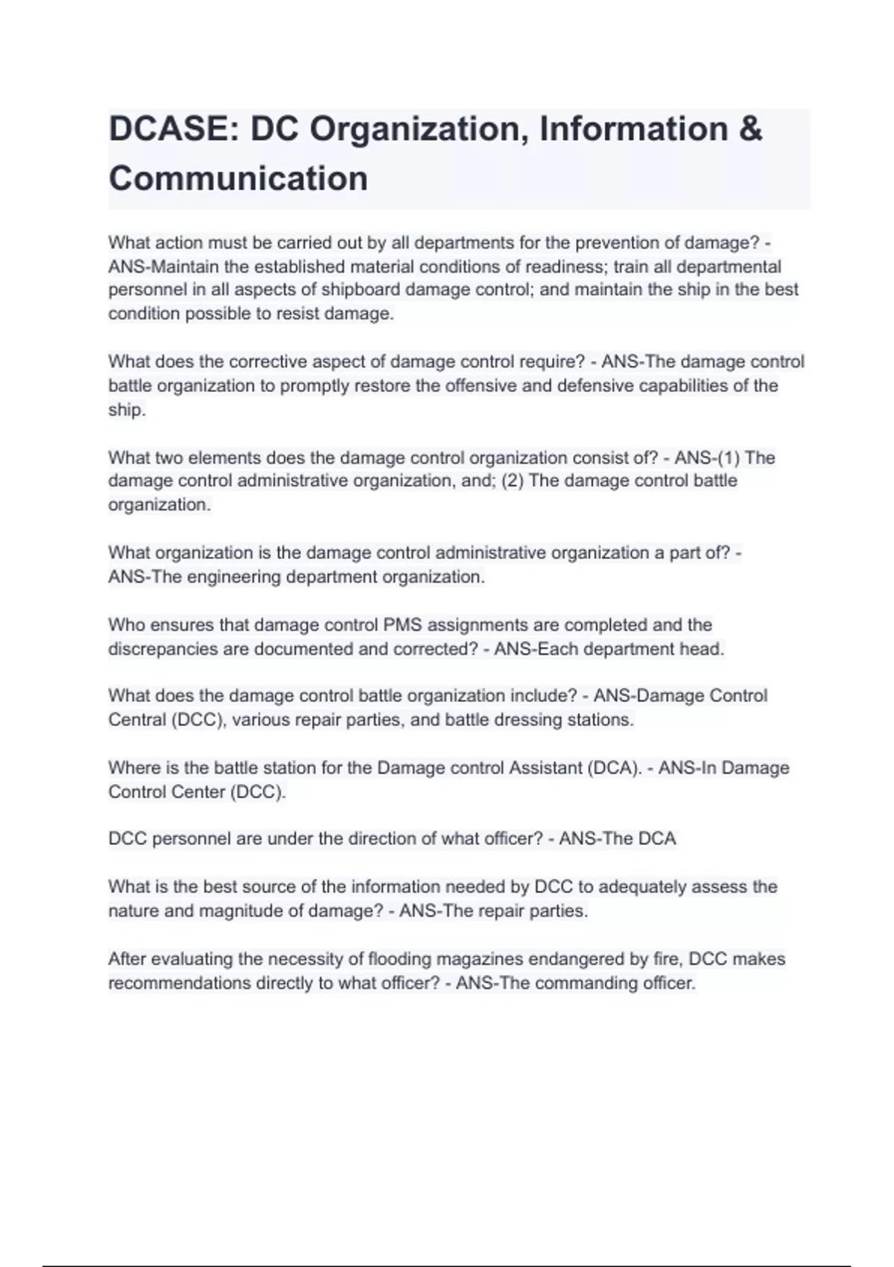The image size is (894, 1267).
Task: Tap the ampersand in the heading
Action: tap(750, 129)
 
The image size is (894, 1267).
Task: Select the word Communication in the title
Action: tap(238, 179)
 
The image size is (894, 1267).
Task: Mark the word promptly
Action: tap(314, 386)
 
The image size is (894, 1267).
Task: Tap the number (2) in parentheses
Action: tap(513, 481)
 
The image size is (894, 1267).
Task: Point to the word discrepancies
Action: tap(162, 649)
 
